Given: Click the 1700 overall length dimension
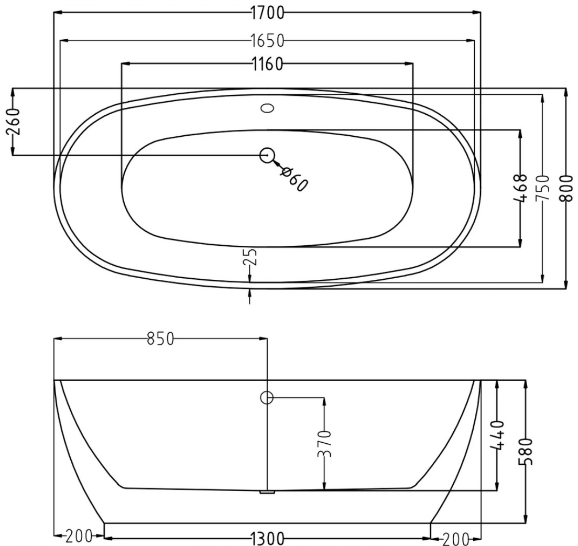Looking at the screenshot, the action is [268, 14].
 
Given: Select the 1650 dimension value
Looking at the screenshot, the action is [268, 41].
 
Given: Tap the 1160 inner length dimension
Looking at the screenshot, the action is [268, 64].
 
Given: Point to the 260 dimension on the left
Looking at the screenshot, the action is [13, 122].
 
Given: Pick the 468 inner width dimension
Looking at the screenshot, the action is [520, 188].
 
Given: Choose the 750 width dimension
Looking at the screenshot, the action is [542, 188].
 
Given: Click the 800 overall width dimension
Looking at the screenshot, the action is [566, 188].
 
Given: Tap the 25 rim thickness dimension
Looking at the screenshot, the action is [250, 257].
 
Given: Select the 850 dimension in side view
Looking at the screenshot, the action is [160, 339].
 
